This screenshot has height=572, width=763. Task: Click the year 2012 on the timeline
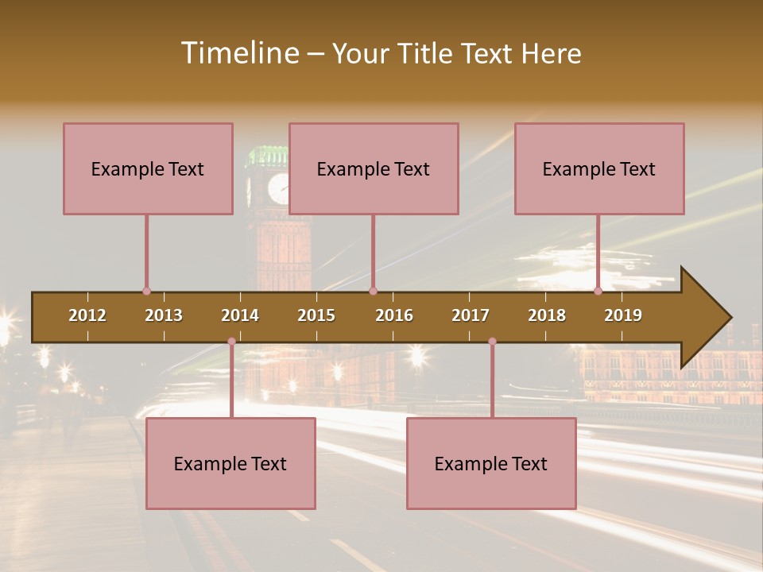[87, 315]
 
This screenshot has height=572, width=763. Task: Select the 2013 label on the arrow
[164, 315]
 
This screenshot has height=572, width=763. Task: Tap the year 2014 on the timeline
[240, 315]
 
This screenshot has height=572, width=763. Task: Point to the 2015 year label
[316, 315]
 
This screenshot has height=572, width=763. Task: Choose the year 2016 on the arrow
[394, 315]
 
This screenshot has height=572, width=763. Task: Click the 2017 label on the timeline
[471, 315]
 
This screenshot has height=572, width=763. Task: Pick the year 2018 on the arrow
[547, 315]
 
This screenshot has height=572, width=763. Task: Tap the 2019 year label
[623, 315]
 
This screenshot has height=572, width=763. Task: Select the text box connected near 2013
[148, 168]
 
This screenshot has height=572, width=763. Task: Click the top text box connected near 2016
[374, 168]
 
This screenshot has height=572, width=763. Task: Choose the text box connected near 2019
[599, 168]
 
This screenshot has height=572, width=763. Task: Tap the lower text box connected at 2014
[230, 463]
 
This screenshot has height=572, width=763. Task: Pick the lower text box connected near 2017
[491, 463]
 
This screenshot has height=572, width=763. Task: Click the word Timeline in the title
[239, 53]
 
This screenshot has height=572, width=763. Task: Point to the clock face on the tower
[278, 188]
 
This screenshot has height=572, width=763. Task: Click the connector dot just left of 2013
[146, 292]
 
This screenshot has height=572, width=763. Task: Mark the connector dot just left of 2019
[598, 292]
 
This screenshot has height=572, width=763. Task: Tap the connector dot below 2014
[231, 342]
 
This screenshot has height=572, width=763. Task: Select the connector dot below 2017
[492, 342]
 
